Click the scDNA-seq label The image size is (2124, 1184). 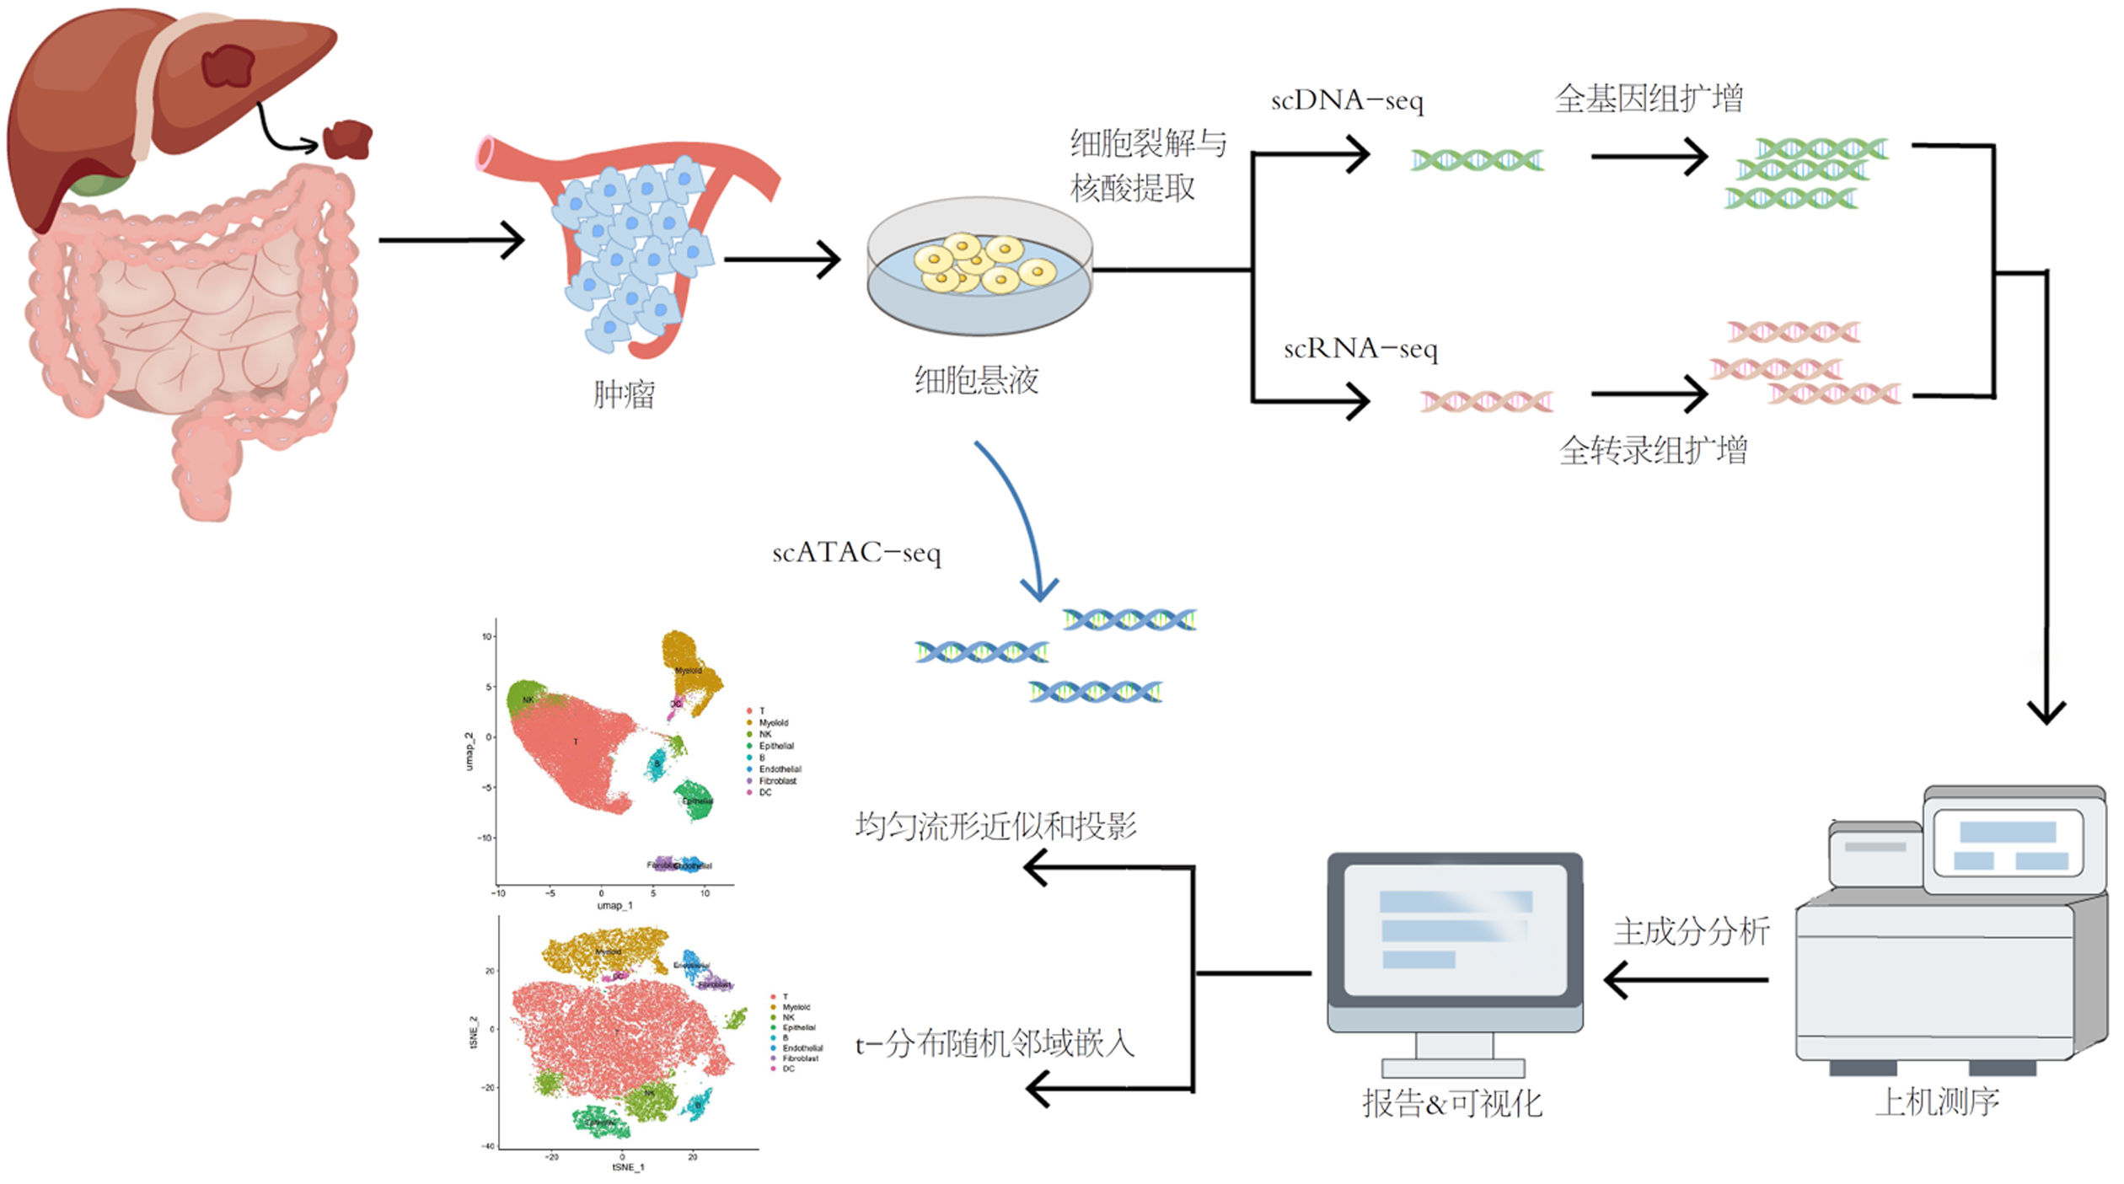pyautogui.click(x=1346, y=101)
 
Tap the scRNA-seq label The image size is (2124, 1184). pyautogui.click(x=1360, y=349)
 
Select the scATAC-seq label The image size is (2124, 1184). pyautogui.click(x=856, y=553)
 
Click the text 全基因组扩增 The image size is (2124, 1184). pyautogui.click(x=1649, y=99)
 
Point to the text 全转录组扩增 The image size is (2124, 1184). pyautogui.click(x=1653, y=450)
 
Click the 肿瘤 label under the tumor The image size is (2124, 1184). pyautogui.click(x=624, y=394)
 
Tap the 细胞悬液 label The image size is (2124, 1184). pyautogui.click(x=976, y=381)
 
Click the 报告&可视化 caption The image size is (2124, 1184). pyautogui.click(x=1451, y=1104)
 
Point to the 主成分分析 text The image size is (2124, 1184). pyautogui.click(x=1691, y=932)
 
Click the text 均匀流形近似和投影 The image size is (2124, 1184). pyautogui.click(x=995, y=827)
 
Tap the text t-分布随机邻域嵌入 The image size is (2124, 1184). pyautogui.click(x=995, y=1045)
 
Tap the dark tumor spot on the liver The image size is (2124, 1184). pyautogui.click(x=228, y=66)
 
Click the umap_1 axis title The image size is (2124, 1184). pyautogui.click(x=614, y=906)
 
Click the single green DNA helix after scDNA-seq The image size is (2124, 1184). pyautogui.click(x=1477, y=160)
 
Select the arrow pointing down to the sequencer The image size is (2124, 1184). pyautogui.click(x=2046, y=506)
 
